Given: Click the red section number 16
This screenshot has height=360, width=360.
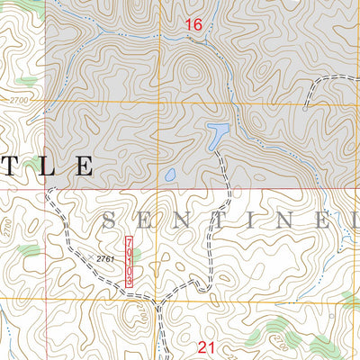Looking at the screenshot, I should [193, 25].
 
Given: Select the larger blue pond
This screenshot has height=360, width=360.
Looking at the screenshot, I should [218, 136].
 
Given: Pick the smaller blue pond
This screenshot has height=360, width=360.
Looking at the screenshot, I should [168, 175].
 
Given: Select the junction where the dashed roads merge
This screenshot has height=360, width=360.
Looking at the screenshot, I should [158, 304].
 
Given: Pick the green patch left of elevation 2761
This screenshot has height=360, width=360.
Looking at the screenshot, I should [30, 249].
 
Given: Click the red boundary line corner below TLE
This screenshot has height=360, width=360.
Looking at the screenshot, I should [46, 190].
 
